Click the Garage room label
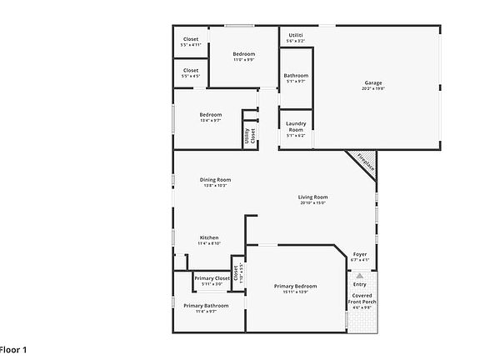pyautogui.click(x=373, y=82)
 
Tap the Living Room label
pyautogui.click(x=312, y=197)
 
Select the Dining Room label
pyautogui.click(x=215, y=179)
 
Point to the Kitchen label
pyautogui.click(x=209, y=237)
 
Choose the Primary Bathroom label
pyautogui.click(x=206, y=305)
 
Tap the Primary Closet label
pyautogui.click(x=212, y=278)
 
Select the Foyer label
pyautogui.click(x=360, y=254)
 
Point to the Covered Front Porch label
pyautogui.click(x=362, y=298)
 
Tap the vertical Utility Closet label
pyautogui.click(x=249, y=132)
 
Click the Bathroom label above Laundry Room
pyautogui.click(x=296, y=75)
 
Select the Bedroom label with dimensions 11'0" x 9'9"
pyautogui.click(x=243, y=53)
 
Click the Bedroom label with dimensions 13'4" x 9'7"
pyautogui.click(x=211, y=114)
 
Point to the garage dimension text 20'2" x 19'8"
pyautogui.click(x=373, y=88)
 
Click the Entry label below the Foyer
pyautogui.click(x=360, y=284)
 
